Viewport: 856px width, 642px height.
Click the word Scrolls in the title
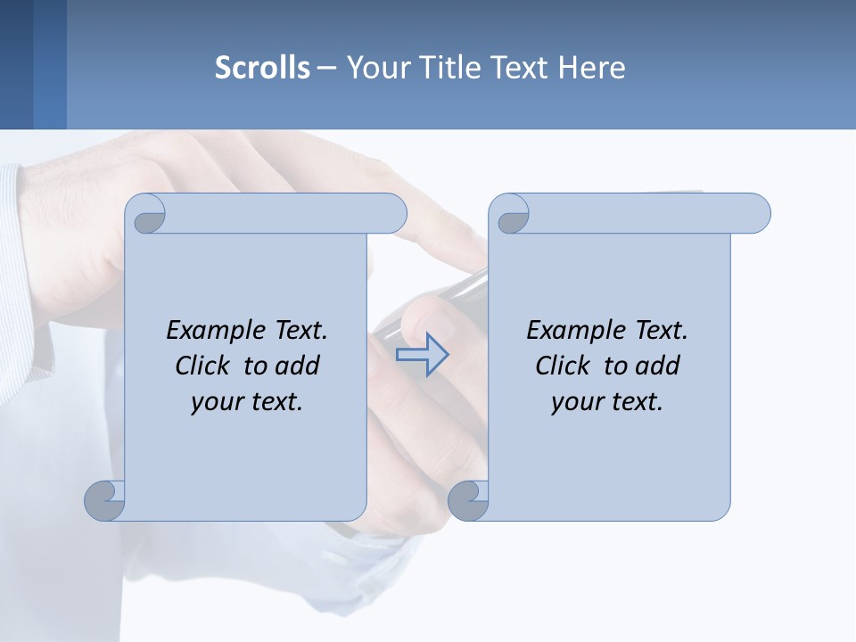click(x=262, y=68)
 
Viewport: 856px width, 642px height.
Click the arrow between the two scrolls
click(x=422, y=355)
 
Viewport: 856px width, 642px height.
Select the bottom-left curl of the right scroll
click(x=469, y=499)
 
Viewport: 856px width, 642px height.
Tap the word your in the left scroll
click(x=215, y=402)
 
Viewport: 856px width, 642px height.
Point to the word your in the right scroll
click(x=575, y=402)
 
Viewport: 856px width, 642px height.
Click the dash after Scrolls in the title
click(x=326, y=68)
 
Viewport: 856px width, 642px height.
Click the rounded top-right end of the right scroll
click(x=754, y=213)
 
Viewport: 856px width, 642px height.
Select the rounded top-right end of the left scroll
click(x=391, y=213)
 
